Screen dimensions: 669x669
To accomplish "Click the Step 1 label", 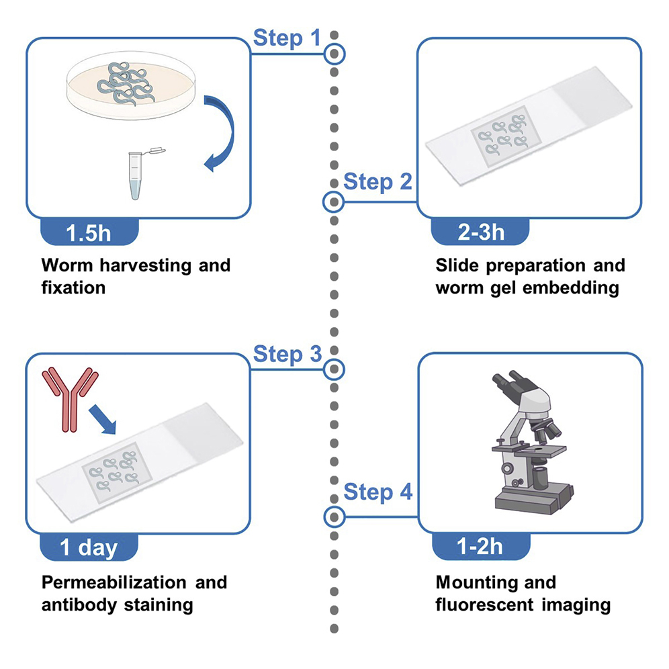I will (x=287, y=38).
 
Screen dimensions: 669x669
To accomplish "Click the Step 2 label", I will (x=377, y=181).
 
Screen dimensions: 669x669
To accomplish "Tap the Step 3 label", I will (x=287, y=354).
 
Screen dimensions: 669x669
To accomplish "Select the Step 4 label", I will (x=377, y=492).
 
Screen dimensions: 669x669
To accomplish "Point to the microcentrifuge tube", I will (x=137, y=173).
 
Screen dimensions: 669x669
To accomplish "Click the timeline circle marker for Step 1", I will (x=334, y=53).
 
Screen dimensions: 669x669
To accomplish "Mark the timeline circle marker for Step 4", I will (x=334, y=517).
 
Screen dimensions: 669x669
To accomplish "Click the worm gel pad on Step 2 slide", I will (x=500, y=135).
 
